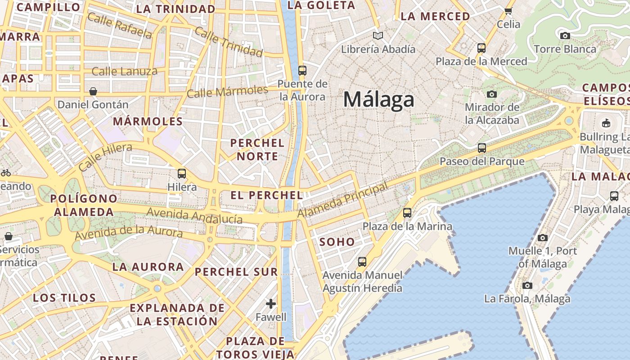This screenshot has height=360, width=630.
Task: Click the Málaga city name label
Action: point(378,99)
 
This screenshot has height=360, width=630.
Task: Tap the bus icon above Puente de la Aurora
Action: point(302,71)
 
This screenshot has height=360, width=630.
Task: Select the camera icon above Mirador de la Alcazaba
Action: point(492,94)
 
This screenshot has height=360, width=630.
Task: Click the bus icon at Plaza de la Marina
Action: point(407,213)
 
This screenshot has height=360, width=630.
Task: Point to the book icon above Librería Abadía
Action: point(378,36)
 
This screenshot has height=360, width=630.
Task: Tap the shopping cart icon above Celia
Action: point(508,11)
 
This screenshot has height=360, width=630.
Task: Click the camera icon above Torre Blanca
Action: point(565,36)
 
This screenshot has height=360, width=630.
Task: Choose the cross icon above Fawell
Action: point(270,304)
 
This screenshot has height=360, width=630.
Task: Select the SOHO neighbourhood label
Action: point(337,242)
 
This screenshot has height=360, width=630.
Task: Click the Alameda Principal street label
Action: point(342,200)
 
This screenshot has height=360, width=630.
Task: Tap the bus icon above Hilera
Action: point(182,173)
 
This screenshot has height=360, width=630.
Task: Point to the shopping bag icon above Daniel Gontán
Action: point(93,91)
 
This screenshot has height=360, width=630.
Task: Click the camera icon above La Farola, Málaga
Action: point(527,285)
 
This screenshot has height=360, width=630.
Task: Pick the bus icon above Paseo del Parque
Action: point(482,148)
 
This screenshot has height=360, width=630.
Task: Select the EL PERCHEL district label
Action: point(266,195)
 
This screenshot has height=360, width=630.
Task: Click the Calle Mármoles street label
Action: point(227,92)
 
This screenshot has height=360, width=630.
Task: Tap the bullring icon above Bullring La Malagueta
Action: point(606,123)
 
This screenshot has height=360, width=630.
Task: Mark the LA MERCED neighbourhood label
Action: point(435,17)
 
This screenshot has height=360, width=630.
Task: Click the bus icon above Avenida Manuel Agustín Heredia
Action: point(362,261)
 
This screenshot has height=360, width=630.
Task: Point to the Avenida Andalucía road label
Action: point(194,216)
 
